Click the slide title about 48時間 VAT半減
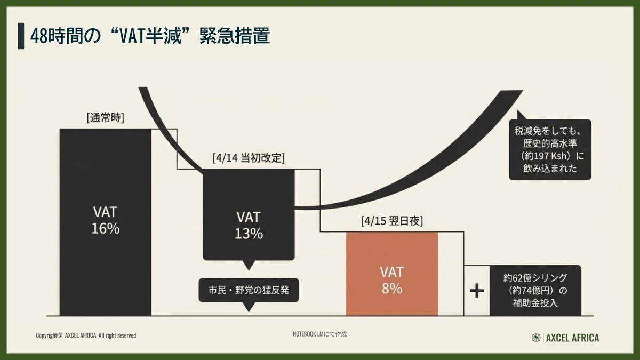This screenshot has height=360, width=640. coord(150,36)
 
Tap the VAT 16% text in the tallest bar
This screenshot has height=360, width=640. coord(106,220)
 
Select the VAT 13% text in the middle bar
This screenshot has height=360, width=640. coord(249,226)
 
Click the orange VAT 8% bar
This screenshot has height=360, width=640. coord(392,274)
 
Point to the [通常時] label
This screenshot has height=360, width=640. coord(106,117)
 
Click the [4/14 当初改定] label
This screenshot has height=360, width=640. coord(249,158)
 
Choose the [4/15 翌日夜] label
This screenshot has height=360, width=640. coord(392,221)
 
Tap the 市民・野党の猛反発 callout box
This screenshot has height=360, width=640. coord(249,290)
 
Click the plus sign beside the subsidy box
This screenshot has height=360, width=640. coord(477,291)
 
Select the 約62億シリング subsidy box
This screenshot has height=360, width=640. coord(535,291)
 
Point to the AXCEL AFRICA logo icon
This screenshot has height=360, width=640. coord(536,338)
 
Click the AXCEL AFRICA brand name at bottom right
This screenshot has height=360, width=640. coord(573,338)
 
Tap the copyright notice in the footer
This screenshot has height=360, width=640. coord(86,335)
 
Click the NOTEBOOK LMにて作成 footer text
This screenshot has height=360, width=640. coord(319,334)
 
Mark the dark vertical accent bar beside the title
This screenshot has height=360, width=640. coord(21,36)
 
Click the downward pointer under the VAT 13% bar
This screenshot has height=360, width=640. coord(249,266)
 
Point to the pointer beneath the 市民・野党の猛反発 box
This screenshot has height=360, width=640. coord(249,307)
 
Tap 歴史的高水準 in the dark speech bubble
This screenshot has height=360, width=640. coord(550,143)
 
